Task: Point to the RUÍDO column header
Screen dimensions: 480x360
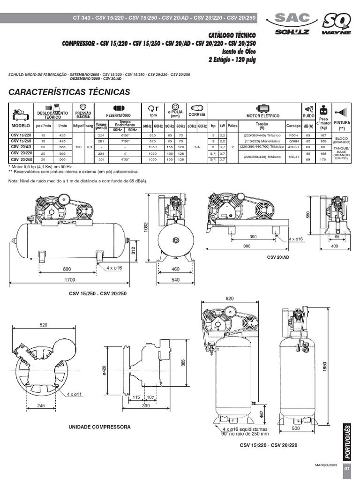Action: (308, 115)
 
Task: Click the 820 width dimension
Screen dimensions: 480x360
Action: (229, 298)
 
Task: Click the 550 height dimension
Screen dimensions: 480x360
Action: (308, 214)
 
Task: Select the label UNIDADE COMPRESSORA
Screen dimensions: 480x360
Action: (99, 427)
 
